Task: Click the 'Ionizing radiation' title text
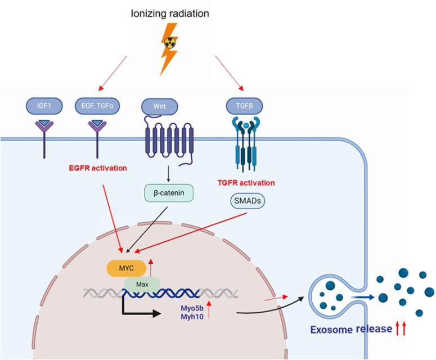click(170, 13)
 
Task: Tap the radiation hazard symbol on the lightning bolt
click(169, 43)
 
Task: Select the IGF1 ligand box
click(44, 106)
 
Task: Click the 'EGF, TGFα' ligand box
click(97, 106)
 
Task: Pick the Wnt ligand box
click(159, 106)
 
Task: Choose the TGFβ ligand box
click(244, 106)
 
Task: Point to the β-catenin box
click(169, 193)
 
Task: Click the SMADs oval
click(248, 201)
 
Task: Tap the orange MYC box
click(127, 268)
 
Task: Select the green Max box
click(142, 285)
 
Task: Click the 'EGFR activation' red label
click(97, 168)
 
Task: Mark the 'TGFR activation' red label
click(246, 183)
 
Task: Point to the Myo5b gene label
click(192, 308)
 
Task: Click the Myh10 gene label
click(192, 316)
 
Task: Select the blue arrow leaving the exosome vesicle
click(362, 297)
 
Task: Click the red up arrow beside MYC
click(151, 268)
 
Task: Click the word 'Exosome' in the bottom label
click(331, 330)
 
